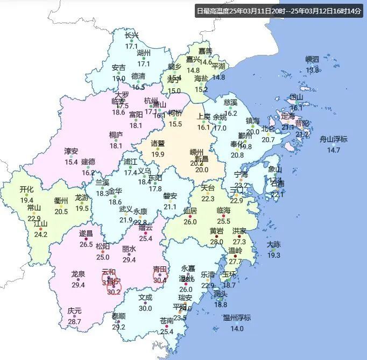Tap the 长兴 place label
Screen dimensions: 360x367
pos(131,36)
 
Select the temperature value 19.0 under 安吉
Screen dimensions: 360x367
pos(119,79)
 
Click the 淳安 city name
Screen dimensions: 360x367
pos(72,151)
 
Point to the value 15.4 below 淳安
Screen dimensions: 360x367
pos(72,162)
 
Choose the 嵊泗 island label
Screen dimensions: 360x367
pos(312,59)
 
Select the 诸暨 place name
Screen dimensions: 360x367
pos(158,144)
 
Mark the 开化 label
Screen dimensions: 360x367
pos(27,189)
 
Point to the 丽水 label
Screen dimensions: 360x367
pos(129,249)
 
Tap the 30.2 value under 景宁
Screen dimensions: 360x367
pos(114,292)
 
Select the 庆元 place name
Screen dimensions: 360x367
pos(74,311)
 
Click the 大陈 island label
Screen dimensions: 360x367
pos(273,244)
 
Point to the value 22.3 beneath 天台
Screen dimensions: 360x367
pos(208,199)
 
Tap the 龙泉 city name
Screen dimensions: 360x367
pos(79,274)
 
